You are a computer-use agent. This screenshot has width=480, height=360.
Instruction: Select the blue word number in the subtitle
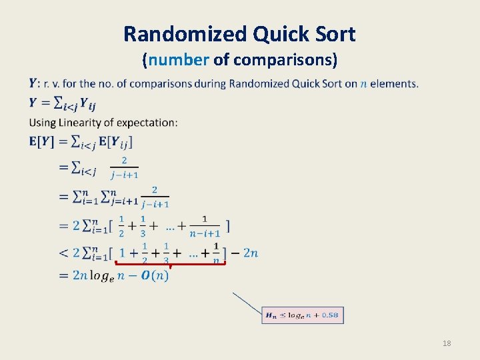click(179, 60)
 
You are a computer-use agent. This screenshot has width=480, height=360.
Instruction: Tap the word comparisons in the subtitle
click(285, 60)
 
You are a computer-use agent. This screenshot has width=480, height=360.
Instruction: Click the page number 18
click(447, 343)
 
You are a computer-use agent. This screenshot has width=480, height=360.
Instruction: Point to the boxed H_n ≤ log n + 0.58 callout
click(303, 315)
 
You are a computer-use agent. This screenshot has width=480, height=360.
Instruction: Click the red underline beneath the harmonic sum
click(170, 263)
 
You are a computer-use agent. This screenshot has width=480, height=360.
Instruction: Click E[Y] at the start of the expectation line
click(41, 141)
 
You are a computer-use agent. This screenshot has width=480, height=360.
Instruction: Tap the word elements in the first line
click(393, 84)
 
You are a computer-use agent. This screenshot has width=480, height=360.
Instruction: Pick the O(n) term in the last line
click(155, 275)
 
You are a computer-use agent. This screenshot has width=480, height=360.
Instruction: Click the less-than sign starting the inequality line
click(64, 253)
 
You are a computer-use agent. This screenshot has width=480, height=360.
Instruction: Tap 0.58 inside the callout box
click(329, 315)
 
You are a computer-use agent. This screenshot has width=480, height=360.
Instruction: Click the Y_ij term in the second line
click(85, 104)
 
